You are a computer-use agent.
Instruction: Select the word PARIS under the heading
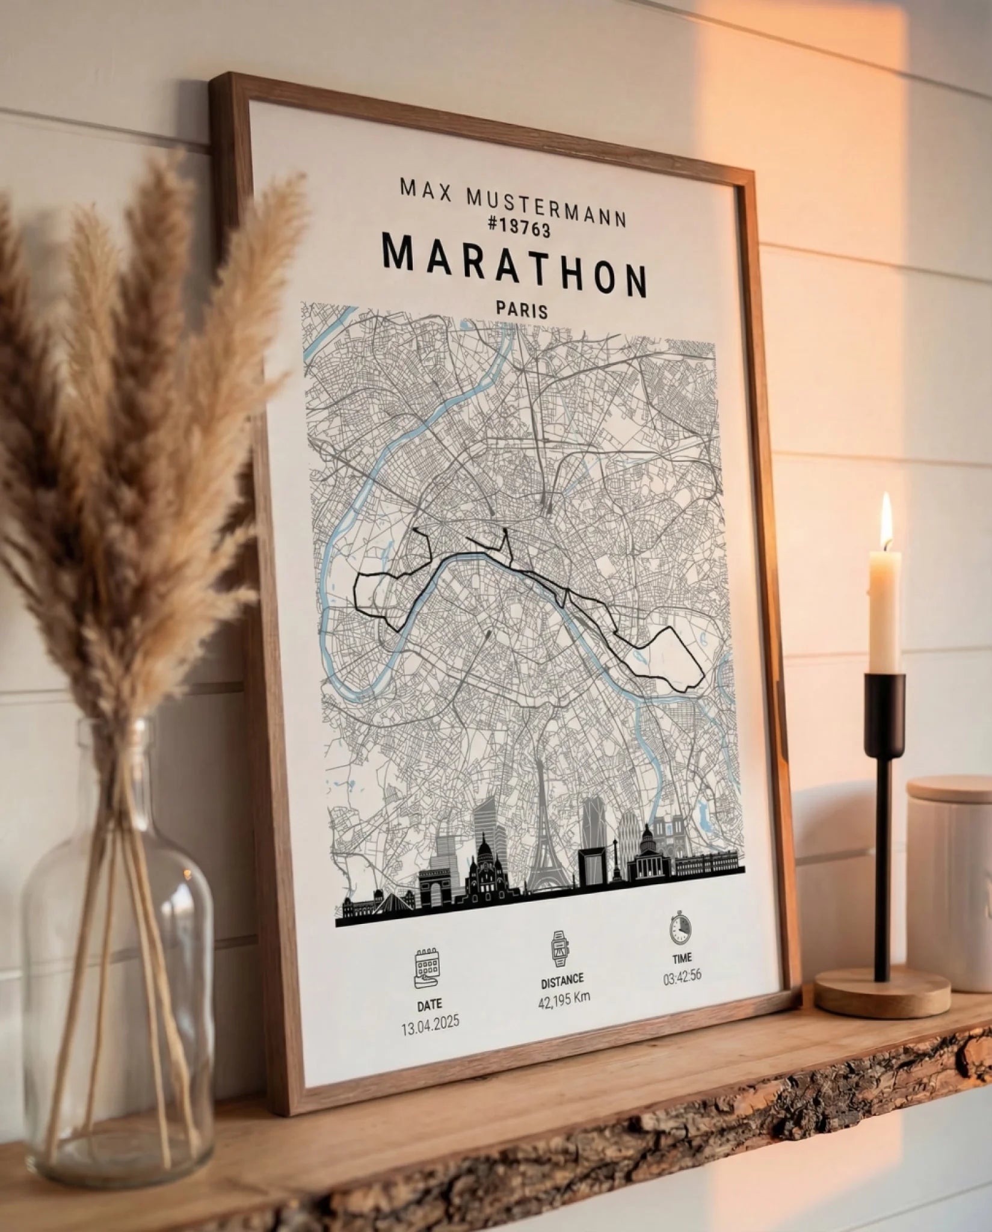(522, 310)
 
